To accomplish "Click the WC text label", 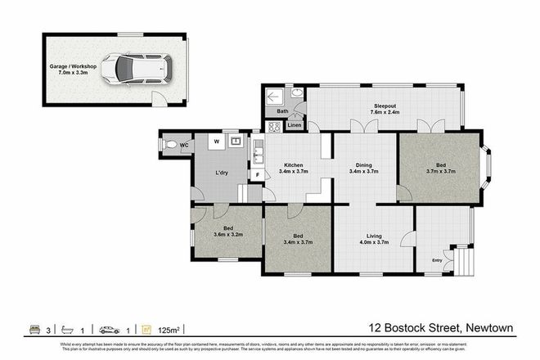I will point(184,146).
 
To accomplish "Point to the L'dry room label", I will point(222,173).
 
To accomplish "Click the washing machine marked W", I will point(216,142).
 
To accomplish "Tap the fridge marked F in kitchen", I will point(258,174).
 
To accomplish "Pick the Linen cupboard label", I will point(294,125).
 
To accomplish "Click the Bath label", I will point(282,111).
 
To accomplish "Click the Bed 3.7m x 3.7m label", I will point(440,169).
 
